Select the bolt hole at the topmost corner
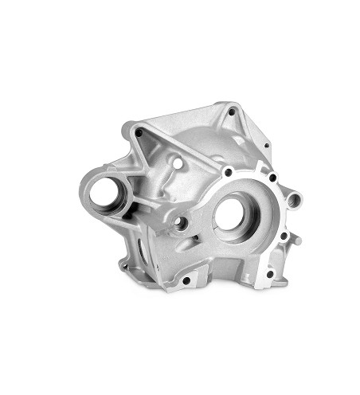coord(232,112)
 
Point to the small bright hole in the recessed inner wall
coord(177,166)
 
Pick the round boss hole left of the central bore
coord(182,224)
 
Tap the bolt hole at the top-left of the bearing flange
coord(228,171)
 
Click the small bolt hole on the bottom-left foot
coord(127,263)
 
